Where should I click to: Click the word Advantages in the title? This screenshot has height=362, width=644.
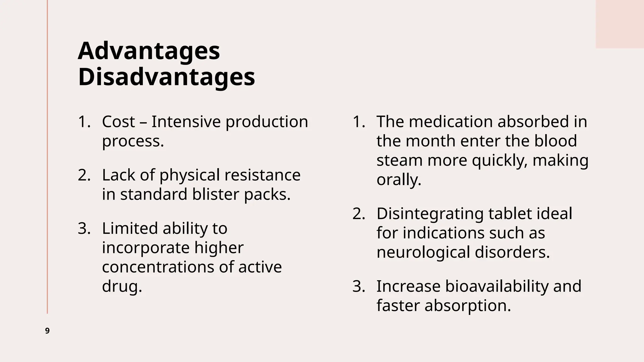click(149, 51)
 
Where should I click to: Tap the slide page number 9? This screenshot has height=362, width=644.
click(47, 331)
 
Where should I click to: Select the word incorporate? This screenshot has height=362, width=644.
click(146, 248)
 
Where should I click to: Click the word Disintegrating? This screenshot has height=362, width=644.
click(430, 214)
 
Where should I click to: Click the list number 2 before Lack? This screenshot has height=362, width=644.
click(84, 175)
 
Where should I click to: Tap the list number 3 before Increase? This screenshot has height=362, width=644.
click(358, 286)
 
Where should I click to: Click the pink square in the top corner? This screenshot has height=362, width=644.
click(619, 24)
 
